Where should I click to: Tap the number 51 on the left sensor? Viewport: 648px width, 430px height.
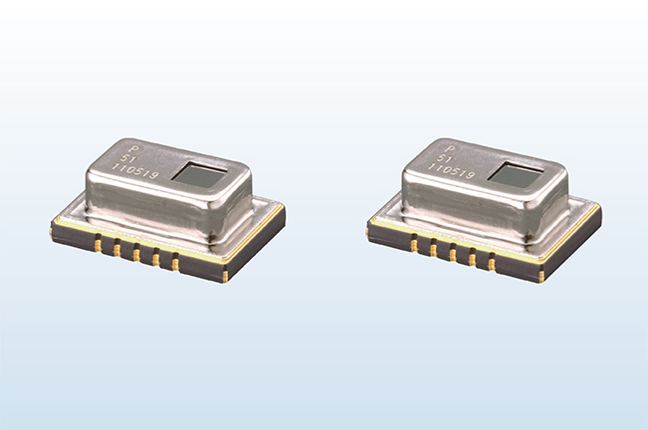tap(126, 159)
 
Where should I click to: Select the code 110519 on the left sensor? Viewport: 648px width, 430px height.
tap(137, 172)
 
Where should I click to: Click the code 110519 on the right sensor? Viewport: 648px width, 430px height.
tap(452, 172)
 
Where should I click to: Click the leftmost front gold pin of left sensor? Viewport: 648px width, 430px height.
tap(99, 243)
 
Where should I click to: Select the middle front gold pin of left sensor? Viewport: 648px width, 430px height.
tap(136, 254)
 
